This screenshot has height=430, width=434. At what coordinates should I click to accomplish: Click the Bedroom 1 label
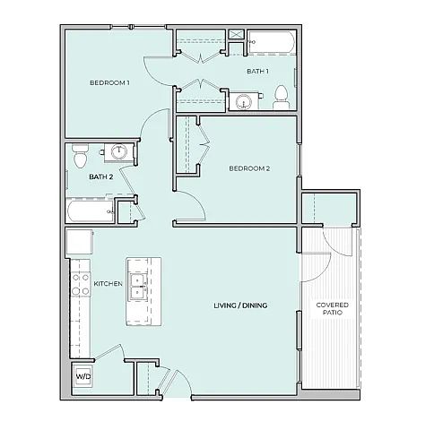click(109, 82)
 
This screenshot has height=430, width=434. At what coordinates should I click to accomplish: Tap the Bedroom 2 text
click(249, 168)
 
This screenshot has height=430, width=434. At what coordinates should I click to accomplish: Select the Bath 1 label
click(257, 71)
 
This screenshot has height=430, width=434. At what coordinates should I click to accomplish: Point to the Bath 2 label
click(101, 176)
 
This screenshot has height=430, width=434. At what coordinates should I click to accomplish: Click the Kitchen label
click(108, 283)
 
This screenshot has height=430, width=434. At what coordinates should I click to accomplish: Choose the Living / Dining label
click(240, 305)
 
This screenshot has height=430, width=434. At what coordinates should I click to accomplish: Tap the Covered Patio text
click(333, 309)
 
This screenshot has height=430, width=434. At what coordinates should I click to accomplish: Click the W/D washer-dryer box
click(83, 376)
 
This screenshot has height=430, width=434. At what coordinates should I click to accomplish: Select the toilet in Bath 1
click(281, 98)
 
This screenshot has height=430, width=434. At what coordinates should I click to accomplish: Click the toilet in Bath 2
click(81, 156)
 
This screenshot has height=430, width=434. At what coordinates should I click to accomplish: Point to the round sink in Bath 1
click(243, 102)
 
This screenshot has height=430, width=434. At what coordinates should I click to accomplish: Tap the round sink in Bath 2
click(119, 152)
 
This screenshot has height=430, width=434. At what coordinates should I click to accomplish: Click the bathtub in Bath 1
click(272, 42)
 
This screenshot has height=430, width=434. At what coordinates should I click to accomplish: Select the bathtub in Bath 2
click(90, 211)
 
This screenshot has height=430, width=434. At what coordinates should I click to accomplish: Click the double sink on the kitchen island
click(138, 288)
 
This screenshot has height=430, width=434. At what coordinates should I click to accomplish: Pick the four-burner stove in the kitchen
click(81, 284)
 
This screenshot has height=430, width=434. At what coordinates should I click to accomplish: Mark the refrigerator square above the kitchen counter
click(79, 242)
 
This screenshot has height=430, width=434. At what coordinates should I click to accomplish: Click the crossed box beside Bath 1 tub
click(237, 34)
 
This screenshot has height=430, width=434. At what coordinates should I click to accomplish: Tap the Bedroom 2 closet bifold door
click(204, 144)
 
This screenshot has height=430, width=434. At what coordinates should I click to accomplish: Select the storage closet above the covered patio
click(329, 208)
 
